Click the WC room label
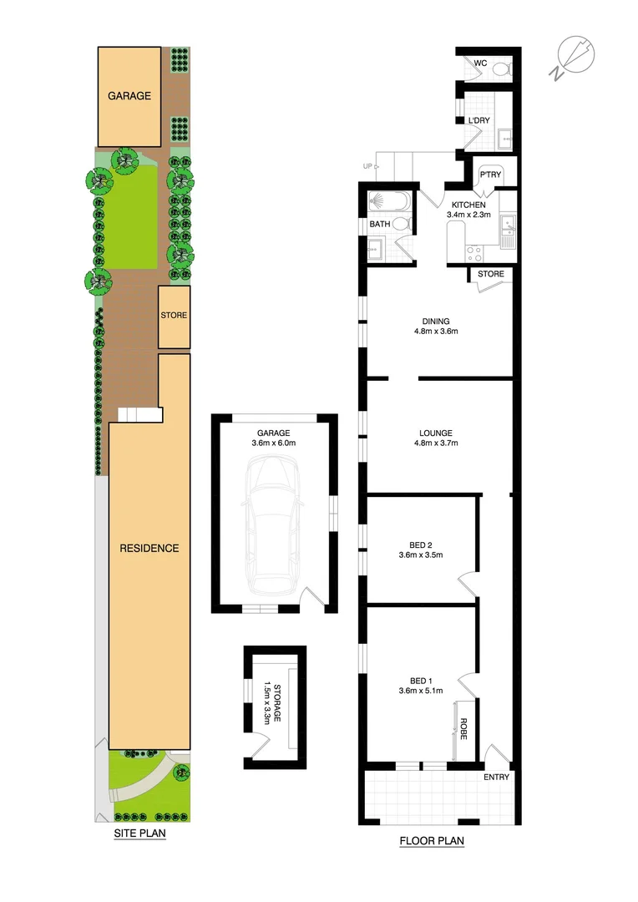(480, 63)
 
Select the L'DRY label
(478, 121)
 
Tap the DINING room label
(435, 321)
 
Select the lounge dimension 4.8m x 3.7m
(436, 443)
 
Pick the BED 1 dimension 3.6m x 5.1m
(420, 690)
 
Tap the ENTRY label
(496, 777)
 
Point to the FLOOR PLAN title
(431, 841)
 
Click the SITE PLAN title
(139, 834)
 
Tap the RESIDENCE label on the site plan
(149, 549)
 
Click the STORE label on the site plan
(174, 316)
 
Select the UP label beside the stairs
(367, 166)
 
